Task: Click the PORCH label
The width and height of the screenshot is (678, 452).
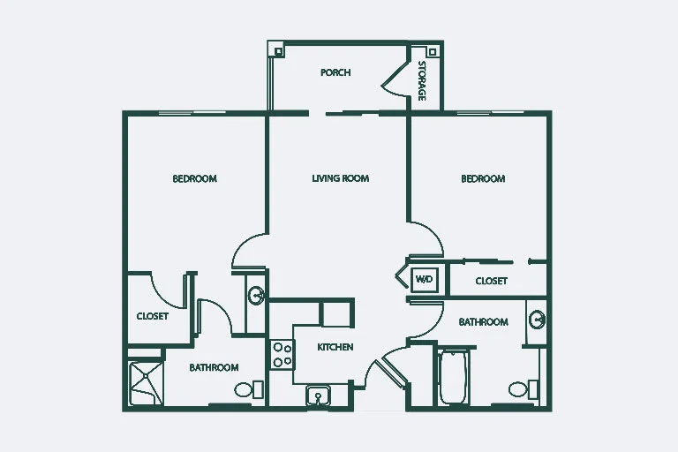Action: pos(335,72)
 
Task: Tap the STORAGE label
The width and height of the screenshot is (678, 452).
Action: pos(423,81)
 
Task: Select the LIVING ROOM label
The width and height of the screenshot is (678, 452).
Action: pos(341,178)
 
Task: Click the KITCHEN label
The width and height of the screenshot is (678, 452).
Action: pos(335,347)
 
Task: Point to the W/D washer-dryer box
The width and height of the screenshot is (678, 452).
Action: pos(424,279)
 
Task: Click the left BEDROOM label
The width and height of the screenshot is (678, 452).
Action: pos(194,178)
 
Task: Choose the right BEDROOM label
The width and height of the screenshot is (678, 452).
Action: pos(483,178)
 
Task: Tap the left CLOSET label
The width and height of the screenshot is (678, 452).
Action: pos(153,316)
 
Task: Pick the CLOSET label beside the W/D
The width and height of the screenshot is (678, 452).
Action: pos(492,281)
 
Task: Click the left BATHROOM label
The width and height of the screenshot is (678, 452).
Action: pos(214,367)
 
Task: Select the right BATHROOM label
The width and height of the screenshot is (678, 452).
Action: pos(484,322)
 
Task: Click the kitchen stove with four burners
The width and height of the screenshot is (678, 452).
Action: pos(282,354)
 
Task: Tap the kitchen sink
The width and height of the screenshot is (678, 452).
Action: pos(318,395)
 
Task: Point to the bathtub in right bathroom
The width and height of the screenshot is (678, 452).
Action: pos(453,378)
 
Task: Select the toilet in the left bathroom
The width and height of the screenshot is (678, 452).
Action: pos(249,389)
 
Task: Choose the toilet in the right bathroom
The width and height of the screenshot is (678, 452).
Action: pos(524,389)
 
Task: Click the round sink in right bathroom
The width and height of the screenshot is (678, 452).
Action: pos(537,320)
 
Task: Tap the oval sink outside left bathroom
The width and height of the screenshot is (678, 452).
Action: pos(256,296)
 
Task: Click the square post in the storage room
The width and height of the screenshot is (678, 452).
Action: pos(433,52)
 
